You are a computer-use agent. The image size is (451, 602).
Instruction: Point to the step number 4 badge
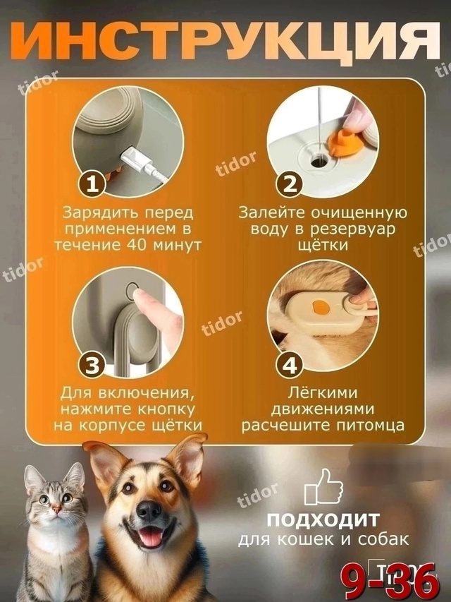(289, 365)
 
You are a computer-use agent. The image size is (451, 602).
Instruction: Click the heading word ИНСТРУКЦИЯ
(225, 44)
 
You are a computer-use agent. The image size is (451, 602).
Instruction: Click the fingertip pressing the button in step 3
(146, 304)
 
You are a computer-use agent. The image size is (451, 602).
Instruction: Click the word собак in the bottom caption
(387, 541)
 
